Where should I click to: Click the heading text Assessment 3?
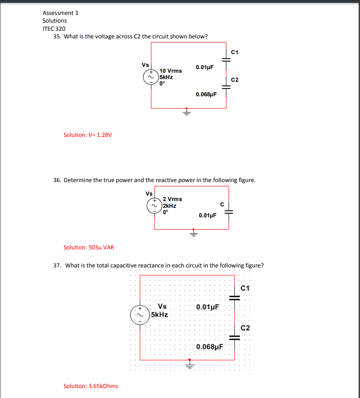coord(60,13)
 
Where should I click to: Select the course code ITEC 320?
coord(54,28)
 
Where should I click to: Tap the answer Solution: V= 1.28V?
coord(88,135)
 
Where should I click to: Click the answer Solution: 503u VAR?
coord(89,247)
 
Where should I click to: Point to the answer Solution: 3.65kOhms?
coord(91,386)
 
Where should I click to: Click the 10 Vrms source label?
coord(171,71)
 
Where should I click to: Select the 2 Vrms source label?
coord(173,199)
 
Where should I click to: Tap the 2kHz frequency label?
coord(170,206)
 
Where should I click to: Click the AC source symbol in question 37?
coord(140,314)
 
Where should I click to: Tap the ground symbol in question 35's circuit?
coord(186,112)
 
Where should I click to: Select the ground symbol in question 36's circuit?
coord(193,233)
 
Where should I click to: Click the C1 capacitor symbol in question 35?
coord(226,58)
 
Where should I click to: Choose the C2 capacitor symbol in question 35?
coord(226,88)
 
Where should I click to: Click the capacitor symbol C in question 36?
coord(228,212)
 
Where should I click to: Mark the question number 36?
coord(57,180)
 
